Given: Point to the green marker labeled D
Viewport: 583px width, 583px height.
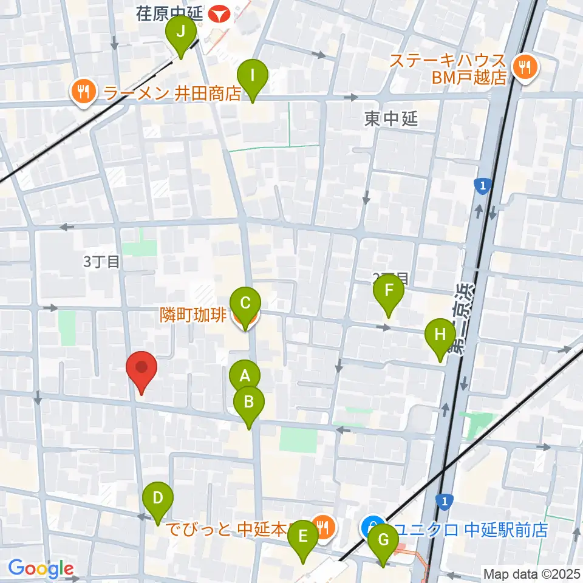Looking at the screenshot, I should [158, 501].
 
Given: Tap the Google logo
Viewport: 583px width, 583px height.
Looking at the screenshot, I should [41, 568].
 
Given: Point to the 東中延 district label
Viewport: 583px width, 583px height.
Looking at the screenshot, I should [392, 119].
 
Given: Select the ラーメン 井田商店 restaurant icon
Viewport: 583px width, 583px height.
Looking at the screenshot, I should [81, 92].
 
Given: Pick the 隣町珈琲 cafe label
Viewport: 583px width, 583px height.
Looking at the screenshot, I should [193, 315].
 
